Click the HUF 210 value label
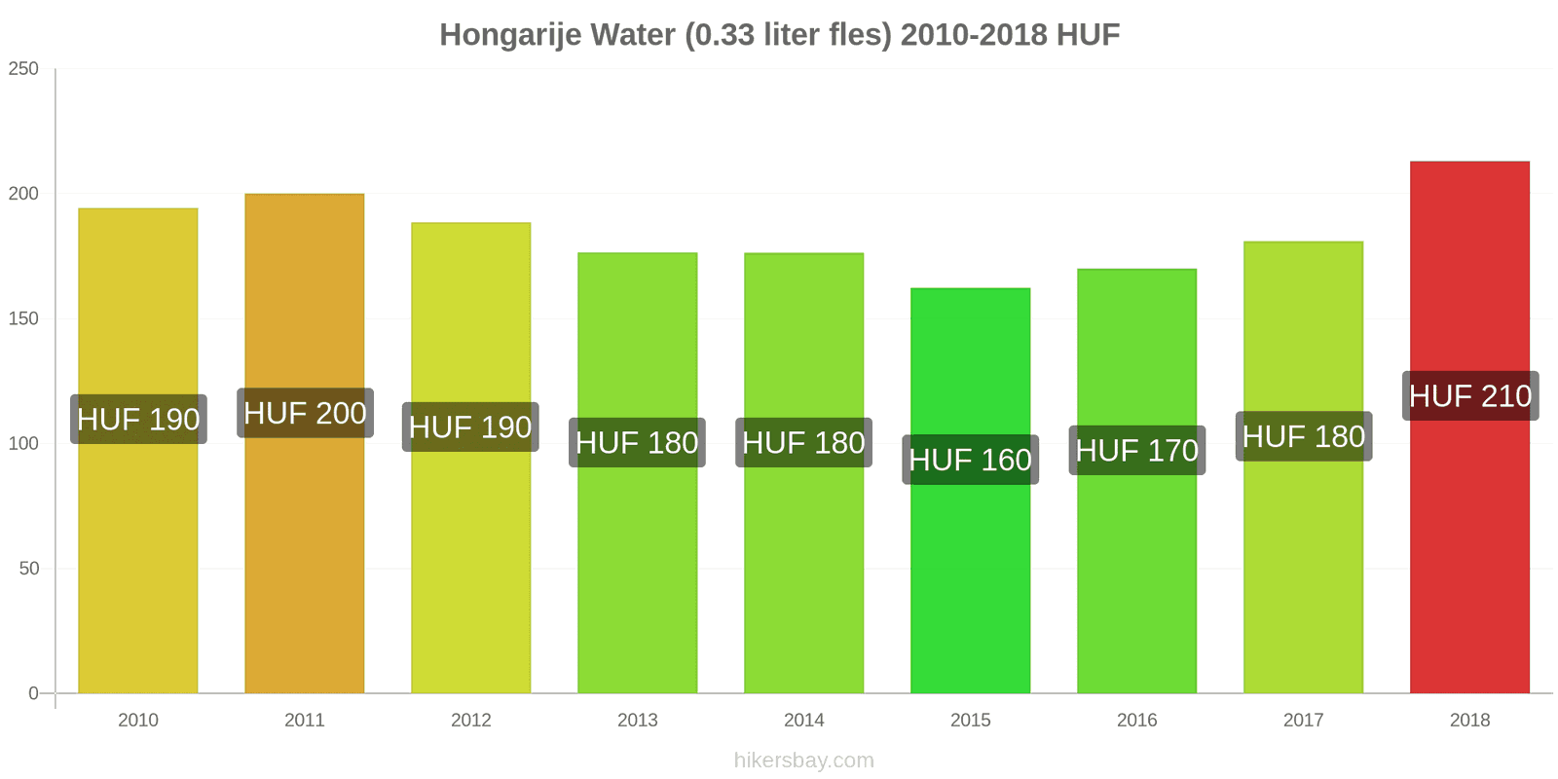[x=1470, y=396]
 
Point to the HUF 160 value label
[x=970, y=460]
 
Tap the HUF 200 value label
[x=305, y=413]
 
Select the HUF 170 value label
[x=1136, y=451]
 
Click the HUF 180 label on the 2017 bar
[x=1303, y=436]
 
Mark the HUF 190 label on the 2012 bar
[x=470, y=427]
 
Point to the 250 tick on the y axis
[x=23, y=69]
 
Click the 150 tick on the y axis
[x=23, y=318]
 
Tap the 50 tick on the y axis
[x=28, y=569]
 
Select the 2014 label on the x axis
[x=803, y=721]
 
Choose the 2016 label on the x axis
[x=1136, y=721]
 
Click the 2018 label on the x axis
[x=1469, y=721]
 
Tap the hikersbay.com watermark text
[x=803, y=760]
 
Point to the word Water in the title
[x=632, y=35]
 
